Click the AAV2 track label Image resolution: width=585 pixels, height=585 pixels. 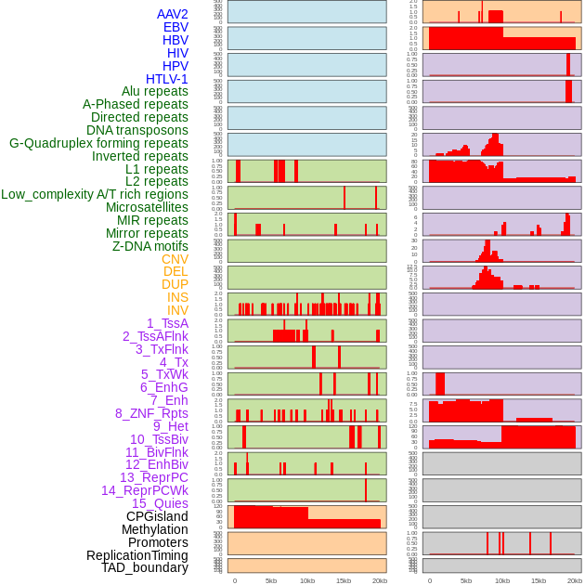(x=173, y=14)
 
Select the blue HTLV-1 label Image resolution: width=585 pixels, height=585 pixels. (x=167, y=79)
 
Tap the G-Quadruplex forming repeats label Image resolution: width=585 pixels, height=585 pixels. (x=98, y=143)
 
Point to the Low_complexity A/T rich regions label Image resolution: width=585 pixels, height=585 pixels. (x=95, y=194)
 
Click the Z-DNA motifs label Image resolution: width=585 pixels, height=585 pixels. (x=150, y=246)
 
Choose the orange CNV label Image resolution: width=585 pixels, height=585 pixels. (x=175, y=259)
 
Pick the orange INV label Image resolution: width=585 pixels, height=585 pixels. (x=177, y=310)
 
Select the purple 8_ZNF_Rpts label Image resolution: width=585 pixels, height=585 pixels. (x=151, y=413)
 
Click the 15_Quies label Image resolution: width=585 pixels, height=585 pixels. (x=160, y=503)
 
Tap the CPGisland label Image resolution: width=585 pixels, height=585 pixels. (x=157, y=516)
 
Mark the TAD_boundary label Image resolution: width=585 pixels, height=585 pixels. (x=145, y=567)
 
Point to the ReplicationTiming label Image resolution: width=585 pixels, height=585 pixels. (x=137, y=555)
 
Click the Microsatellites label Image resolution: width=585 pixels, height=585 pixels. (x=147, y=207)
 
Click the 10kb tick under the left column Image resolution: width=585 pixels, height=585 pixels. (x=307, y=580)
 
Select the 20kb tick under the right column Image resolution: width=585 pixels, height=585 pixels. (x=575, y=580)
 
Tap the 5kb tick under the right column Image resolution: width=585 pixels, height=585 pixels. (x=466, y=580)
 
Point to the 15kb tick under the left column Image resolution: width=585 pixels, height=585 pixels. (x=344, y=580)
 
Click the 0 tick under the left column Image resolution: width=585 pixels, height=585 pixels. (x=235, y=580)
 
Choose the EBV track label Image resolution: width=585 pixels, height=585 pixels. (x=175, y=27)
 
